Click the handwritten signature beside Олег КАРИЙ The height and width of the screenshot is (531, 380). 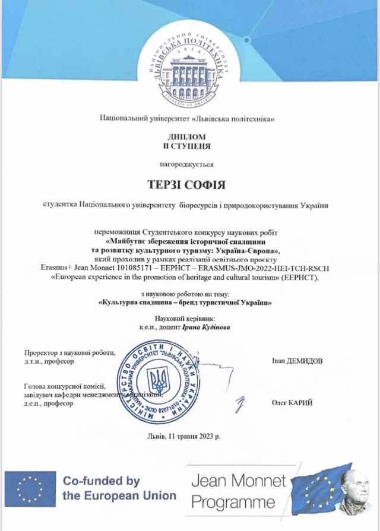(x=240, y=405)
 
